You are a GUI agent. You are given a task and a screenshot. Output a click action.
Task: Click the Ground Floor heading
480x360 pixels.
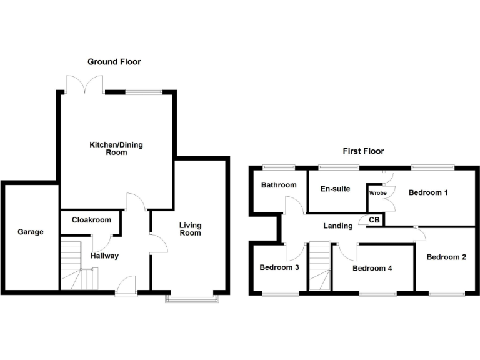tap(114, 62)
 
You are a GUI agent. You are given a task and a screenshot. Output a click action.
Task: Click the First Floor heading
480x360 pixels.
tap(363, 151)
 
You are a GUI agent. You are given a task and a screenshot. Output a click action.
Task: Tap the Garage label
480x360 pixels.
tap(31, 232)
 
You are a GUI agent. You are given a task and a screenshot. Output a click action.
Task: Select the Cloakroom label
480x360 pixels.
tap(91, 220)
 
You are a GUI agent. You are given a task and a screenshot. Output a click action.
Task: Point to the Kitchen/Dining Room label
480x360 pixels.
tap(116, 148)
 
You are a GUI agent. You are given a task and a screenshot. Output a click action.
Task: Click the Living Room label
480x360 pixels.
tap(191, 229)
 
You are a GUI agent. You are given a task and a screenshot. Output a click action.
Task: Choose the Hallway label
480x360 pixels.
tap(104, 256)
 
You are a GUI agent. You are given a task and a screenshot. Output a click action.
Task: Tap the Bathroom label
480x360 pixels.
tap(279, 185)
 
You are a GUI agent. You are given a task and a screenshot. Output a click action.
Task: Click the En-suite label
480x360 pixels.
tap(335, 189)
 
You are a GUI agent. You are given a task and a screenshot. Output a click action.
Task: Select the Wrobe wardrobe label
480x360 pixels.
tap(377, 193)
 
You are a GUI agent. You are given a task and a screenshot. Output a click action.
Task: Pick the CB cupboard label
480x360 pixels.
tap(374, 220)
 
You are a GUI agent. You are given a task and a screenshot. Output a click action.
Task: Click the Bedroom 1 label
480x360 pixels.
tap(428, 192)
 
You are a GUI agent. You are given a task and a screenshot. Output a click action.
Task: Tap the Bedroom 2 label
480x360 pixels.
tap(447, 257)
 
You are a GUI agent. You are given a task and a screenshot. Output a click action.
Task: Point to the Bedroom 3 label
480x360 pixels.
tap(279, 267)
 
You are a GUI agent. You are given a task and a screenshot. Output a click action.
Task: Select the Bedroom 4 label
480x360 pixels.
tap(372, 268)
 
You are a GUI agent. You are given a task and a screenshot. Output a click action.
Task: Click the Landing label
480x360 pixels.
tap(337, 226)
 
